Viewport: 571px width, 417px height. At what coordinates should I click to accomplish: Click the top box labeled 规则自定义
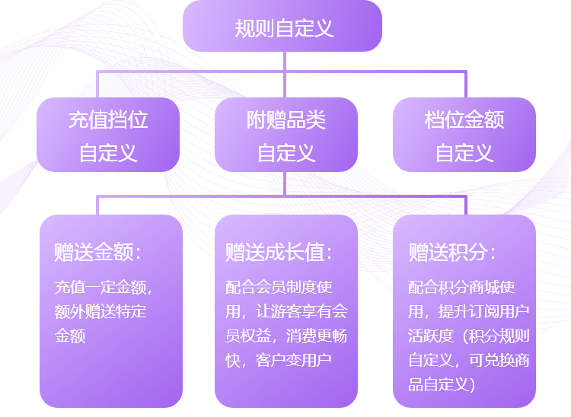coord(282,26)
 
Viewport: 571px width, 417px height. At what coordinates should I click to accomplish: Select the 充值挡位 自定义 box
coord(108,135)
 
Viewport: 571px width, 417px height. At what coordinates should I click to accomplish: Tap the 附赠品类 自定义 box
coord(285,135)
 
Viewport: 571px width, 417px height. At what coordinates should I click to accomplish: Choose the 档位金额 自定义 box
coord(464,135)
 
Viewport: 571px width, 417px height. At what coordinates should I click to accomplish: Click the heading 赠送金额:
coord(97,252)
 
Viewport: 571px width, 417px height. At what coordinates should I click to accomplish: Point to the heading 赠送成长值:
coord(279,252)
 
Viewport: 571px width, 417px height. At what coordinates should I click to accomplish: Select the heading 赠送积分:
coord(452,252)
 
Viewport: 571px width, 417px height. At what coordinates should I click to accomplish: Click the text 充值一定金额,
coord(104,287)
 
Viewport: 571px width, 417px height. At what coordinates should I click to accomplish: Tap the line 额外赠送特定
coord(100,311)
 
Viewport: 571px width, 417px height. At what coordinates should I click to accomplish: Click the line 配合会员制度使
coord(279,287)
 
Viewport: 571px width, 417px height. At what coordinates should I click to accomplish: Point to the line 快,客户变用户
coord(278,360)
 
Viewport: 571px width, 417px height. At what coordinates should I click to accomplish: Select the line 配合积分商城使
coord(461,287)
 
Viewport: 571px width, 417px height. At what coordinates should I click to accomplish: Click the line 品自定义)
coord(442,384)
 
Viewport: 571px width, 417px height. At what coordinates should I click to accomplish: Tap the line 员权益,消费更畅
coord(285,336)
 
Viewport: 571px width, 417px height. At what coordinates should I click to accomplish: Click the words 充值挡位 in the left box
coord(108,119)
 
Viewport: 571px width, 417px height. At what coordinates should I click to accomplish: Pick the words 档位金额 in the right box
coord(464,119)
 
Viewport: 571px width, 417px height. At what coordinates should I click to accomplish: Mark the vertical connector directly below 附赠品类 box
coord(285,183)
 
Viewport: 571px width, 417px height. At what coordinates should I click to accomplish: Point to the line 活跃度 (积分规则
coord(469,336)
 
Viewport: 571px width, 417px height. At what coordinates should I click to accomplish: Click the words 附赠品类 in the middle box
coord(285,119)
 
